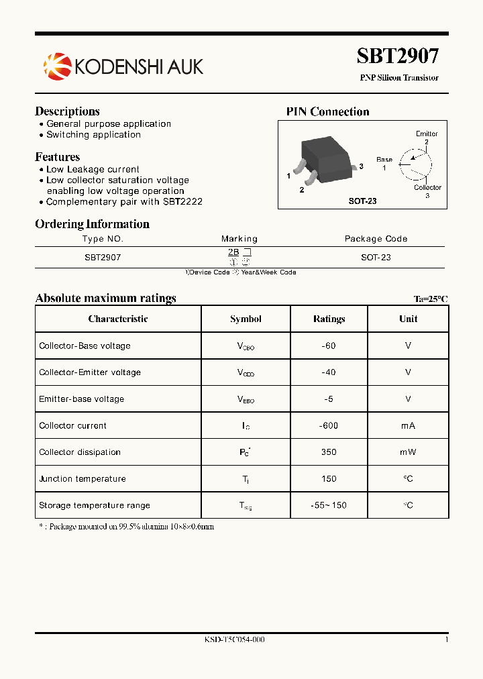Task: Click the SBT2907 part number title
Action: click(398, 56)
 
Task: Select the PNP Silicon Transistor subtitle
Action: click(399, 78)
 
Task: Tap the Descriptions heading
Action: click(67, 111)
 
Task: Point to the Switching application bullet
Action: click(93, 135)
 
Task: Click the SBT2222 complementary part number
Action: click(182, 201)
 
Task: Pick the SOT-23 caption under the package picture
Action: click(362, 201)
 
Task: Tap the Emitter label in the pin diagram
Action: click(427, 134)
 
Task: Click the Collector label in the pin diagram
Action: click(427, 188)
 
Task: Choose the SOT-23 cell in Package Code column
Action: click(376, 257)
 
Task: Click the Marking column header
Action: click(239, 239)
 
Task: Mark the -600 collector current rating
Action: click(329, 425)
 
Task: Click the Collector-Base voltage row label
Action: click(85, 346)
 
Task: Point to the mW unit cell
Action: click(408, 452)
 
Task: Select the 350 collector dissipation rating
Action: click(329, 452)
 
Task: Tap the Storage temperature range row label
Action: click(95, 505)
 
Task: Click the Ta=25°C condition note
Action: click(431, 299)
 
